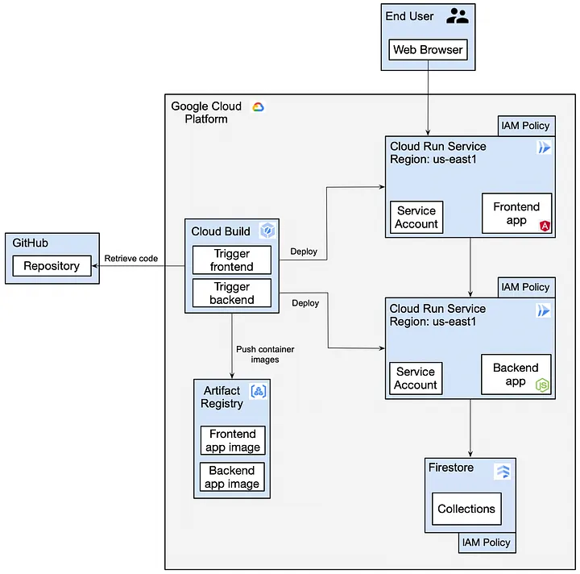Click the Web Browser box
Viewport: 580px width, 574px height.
[x=428, y=50]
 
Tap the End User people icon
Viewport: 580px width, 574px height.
[x=458, y=16]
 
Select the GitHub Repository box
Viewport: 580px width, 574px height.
[x=52, y=266]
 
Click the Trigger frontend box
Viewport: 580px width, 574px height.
[x=232, y=260]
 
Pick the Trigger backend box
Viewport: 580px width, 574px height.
[x=232, y=293]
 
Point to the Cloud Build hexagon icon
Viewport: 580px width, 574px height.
[x=267, y=231]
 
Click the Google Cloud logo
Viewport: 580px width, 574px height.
[x=259, y=107]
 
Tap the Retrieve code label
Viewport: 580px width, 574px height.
[x=131, y=258]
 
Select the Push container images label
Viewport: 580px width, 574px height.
[x=265, y=354]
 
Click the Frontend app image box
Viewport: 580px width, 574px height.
[x=233, y=440]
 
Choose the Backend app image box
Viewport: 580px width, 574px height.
[x=232, y=477]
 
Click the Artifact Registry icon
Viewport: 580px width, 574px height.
[x=259, y=391]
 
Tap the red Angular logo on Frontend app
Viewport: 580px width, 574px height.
[x=545, y=226]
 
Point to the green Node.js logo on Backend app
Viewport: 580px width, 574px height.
[x=542, y=385]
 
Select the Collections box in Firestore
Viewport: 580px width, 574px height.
[x=466, y=509]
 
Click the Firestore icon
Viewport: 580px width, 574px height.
[x=503, y=472]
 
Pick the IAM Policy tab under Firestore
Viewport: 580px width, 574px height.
[x=487, y=543]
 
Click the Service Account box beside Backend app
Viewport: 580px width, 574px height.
[x=416, y=378]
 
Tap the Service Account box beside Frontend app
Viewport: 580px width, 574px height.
[x=416, y=217]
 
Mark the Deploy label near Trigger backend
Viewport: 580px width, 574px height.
[x=305, y=303]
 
